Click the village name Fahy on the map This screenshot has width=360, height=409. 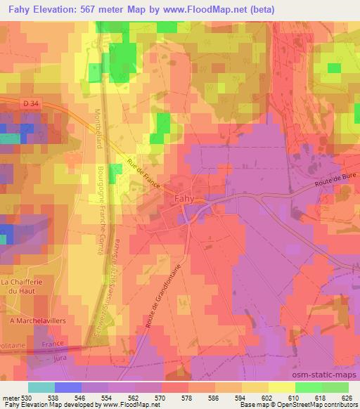click(x=185, y=198)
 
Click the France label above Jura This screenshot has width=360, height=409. click(x=52, y=344)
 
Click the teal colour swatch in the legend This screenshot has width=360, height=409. click(x=41, y=387)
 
